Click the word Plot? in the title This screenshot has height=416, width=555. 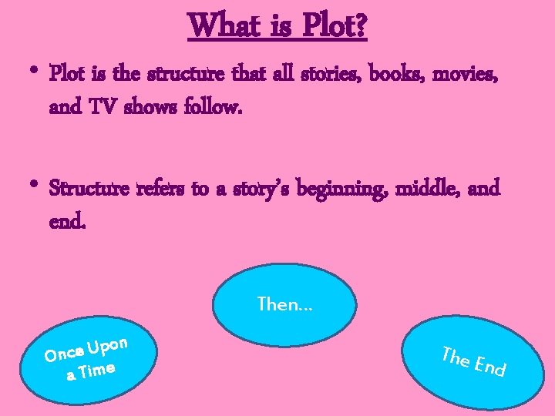335,26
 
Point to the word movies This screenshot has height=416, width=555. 465,75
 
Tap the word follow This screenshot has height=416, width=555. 214,108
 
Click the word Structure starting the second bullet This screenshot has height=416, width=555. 89,189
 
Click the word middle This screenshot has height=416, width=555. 426,189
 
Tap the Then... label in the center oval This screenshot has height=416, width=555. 285,304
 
